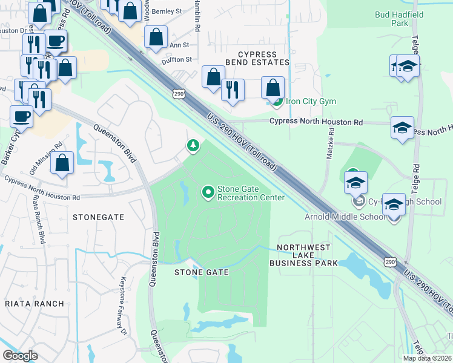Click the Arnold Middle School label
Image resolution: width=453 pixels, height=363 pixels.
click(345, 217)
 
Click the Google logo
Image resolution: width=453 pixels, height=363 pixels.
click(20, 356)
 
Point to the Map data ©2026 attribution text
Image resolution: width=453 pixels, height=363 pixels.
click(428, 358)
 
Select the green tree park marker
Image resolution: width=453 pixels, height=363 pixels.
click(193, 145)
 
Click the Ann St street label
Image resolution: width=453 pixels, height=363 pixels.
click(179, 45)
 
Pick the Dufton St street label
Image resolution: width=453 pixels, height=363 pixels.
click(176, 59)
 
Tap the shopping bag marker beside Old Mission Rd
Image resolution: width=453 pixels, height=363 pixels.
click(62, 163)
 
